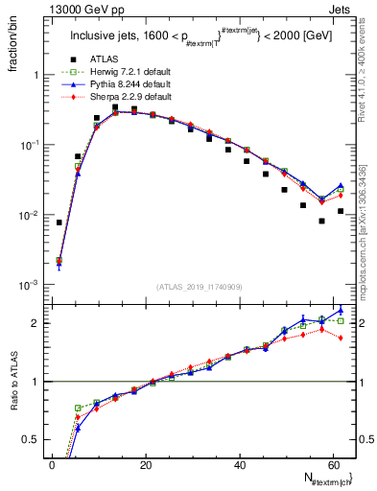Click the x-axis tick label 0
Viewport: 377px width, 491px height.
pyautogui.click(x=52, y=465)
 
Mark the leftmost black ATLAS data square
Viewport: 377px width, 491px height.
pyautogui.click(x=59, y=222)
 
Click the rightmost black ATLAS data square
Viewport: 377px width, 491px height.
pyautogui.click(x=341, y=211)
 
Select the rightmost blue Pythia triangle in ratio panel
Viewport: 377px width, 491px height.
pyautogui.click(x=341, y=310)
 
